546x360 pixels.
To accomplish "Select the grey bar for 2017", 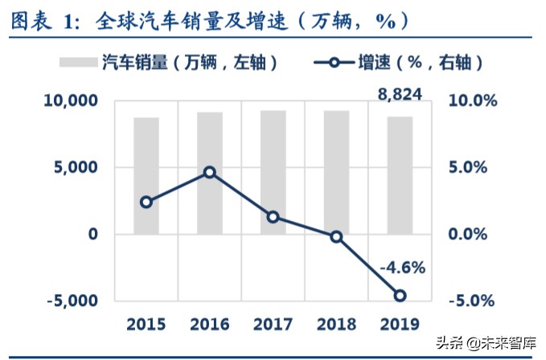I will pyautogui.click(x=273, y=172).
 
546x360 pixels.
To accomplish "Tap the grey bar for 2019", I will pyautogui.click(x=400, y=175).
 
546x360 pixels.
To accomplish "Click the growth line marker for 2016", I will pyautogui.click(x=210, y=172).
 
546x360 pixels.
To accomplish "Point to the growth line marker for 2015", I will pyautogui.click(x=146, y=202).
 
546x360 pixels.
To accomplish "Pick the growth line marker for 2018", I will pyautogui.click(x=336, y=236).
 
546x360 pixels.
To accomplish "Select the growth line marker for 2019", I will pyautogui.click(x=400, y=296).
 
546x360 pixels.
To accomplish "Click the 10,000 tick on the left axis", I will pyautogui.click(x=70, y=101).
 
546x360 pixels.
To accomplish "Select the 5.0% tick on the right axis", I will pyautogui.click(x=467, y=168).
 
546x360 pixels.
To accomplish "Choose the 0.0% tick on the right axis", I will pyautogui.click(x=467, y=235).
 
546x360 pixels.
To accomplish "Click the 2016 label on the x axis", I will pyautogui.click(x=210, y=325).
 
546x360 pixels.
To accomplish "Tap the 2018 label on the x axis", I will pyautogui.click(x=336, y=325).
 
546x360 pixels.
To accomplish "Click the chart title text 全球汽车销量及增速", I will pyautogui.click(x=180, y=20).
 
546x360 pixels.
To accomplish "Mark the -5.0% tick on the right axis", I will pyautogui.click(x=466, y=301).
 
